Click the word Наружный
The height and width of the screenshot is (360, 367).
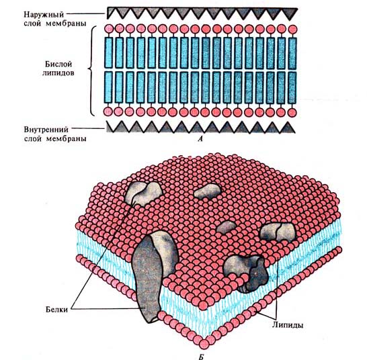click(44, 15)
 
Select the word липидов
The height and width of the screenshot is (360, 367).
click(58, 73)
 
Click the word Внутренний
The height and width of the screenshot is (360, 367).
click(46, 130)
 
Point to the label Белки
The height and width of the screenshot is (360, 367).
click(56, 310)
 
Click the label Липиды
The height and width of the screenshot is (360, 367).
click(288, 325)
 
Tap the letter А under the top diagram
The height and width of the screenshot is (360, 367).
click(200, 139)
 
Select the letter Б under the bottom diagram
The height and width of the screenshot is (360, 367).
click(201, 357)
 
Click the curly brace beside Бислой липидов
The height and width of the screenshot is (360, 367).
click(91, 71)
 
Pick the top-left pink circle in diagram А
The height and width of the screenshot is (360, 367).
click(109, 29)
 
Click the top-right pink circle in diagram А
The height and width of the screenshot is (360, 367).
click(292, 30)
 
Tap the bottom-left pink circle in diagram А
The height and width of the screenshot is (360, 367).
click(108, 111)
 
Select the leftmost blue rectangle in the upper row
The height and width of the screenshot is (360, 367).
click(109, 52)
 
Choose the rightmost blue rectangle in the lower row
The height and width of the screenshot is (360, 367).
click(292, 87)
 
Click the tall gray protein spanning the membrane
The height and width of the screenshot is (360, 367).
click(153, 276)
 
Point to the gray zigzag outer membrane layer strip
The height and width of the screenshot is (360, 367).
click(202, 13)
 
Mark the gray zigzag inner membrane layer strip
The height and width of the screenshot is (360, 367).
click(201, 127)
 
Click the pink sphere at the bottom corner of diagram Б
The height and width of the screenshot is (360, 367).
click(204, 344)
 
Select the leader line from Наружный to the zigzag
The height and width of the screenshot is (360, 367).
click(85, 13)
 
